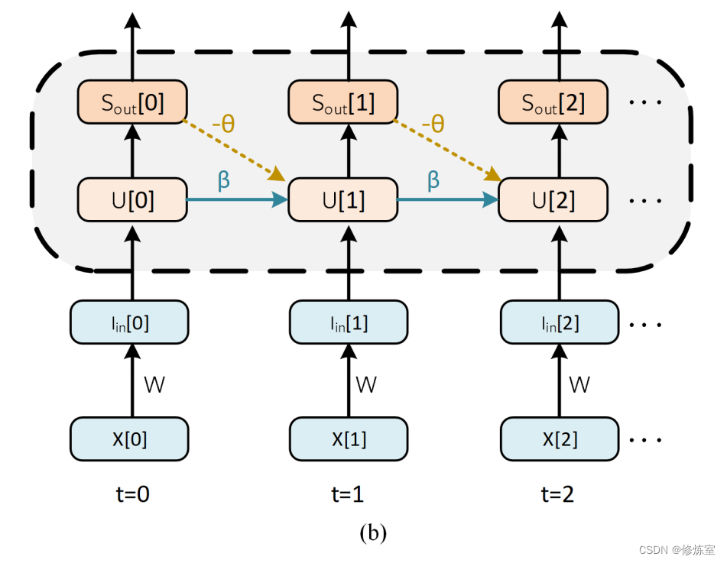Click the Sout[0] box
(132, 103)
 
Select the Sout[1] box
(343, 103)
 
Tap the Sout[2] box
(553, 103)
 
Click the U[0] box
(132, 200)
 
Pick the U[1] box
(343, 200)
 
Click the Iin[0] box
(129, 323)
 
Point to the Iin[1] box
(349, 323)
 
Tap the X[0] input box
(129, 439)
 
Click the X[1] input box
(349, 439)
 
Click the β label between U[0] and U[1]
(224, 180)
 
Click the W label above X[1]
(366, 385)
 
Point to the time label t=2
(557, 495)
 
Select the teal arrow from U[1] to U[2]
(447, 200)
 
